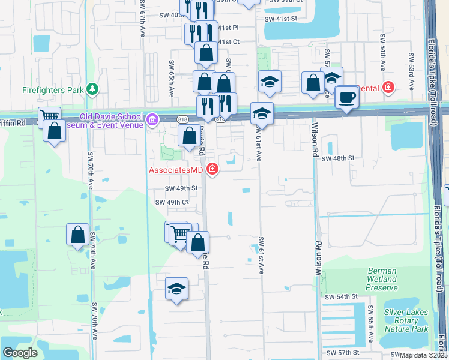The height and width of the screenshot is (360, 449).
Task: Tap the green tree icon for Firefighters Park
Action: pos(92,89)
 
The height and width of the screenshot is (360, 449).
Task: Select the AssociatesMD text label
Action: pos(176,170)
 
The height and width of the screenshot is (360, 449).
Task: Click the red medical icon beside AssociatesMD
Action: pos(211,170)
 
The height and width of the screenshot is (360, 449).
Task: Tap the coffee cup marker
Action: pos(346,97)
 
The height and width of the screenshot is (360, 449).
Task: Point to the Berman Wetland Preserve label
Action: pos(382,279)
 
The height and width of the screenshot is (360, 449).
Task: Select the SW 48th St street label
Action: pos(339,158)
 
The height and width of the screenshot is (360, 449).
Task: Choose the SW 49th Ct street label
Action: pos(172,202)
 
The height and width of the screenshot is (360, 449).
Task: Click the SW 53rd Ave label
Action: pos(412,71)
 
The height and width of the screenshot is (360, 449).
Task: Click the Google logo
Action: pos(20,352)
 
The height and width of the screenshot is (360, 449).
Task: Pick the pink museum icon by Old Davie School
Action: pos(152,120)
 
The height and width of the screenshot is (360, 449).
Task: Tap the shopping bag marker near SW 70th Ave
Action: pos(77,235)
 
